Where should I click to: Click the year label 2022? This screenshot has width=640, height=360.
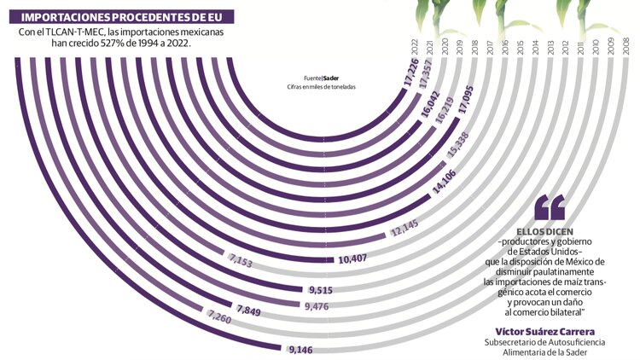[x=413, y=45]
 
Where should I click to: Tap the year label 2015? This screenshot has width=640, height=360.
[x=521, y=45]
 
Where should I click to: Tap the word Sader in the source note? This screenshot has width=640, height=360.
[x=331, y=76]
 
